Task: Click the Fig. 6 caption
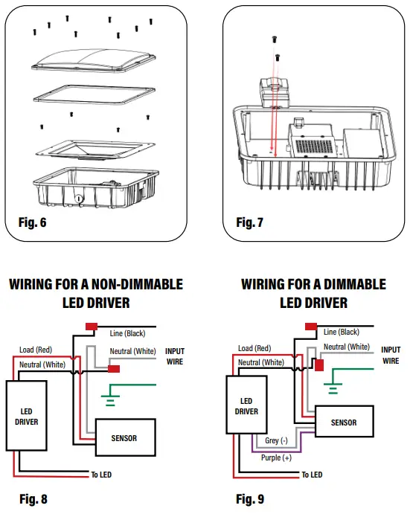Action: point(31,222)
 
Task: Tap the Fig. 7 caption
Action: point(251,222)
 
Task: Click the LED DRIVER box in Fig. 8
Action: point(27,417)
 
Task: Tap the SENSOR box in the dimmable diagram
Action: point(343,423)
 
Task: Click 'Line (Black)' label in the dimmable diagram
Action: point(341,333)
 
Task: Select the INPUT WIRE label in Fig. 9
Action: point(391,356)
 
